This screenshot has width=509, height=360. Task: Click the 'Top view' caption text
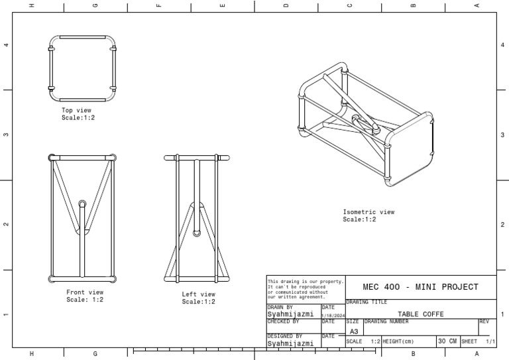77,110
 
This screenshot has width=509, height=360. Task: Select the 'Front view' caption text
85,292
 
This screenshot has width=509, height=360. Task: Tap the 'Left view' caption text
199,294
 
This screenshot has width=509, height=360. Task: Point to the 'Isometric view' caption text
368,212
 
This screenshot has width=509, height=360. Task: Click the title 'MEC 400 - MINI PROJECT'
421,287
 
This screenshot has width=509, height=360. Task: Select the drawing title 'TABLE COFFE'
420,314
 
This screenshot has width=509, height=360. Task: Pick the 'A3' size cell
353,331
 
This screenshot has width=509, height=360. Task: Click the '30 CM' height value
447,341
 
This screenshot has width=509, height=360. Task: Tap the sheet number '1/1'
490,341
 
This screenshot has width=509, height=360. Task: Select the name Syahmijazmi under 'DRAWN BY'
290,314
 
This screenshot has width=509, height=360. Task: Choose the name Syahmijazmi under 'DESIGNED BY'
290,343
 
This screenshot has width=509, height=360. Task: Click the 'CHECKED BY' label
283,322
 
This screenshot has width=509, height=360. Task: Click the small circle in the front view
83,204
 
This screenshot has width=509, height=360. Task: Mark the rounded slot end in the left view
197,233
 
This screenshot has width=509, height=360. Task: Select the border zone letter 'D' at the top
286,5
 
